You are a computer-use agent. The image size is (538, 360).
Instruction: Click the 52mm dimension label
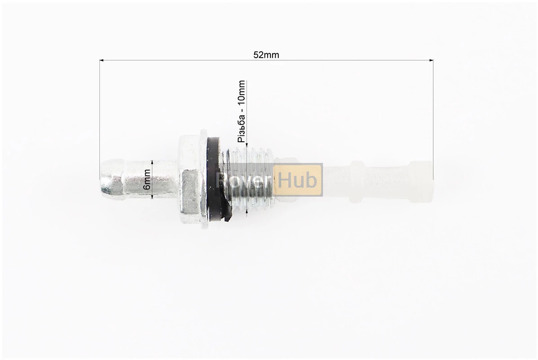266,55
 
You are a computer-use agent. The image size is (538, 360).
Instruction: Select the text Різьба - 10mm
241,112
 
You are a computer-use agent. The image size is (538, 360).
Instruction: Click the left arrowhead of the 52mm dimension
102,60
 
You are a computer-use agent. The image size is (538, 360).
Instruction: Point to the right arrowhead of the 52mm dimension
431,60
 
